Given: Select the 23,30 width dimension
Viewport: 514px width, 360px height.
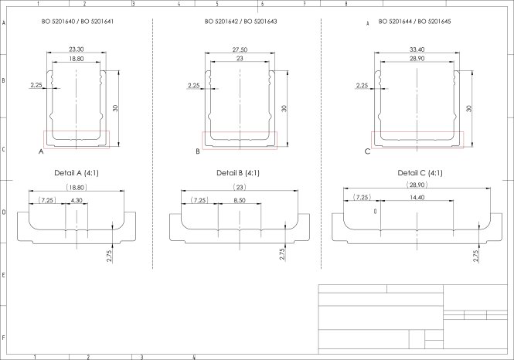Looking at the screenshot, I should click(77, 49).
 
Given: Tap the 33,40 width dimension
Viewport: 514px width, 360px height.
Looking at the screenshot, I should click(417, 50).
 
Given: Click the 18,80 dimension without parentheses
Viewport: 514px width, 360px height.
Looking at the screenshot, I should click(77, 59).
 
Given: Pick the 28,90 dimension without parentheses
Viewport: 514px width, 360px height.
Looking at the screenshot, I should click(417, 59).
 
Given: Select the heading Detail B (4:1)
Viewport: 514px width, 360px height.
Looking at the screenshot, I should click(238, 172).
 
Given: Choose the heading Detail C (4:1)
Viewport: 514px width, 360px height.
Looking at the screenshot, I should click(420, 172).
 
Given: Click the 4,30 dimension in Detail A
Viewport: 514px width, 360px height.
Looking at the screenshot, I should click(77, 201).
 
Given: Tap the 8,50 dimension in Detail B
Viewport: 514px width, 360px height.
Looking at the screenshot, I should click(239, 201).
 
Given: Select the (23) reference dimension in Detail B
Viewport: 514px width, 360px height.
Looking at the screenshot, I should click(239, 188).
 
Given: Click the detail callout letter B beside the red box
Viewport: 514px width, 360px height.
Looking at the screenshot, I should click(198, 152).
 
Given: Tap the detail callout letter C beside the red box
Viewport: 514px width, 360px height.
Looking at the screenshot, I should click(367, 152).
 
